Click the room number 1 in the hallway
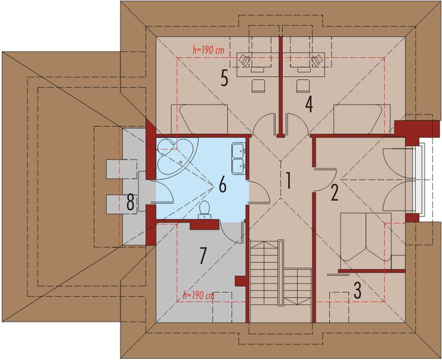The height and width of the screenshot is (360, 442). click(288, 181)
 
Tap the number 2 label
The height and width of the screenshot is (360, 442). click(334, 192)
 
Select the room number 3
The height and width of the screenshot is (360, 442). click(357, 290)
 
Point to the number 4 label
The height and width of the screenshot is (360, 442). click(309, 104)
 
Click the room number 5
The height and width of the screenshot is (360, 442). click(224, 79)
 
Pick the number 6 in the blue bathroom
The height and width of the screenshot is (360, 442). click(222, 185)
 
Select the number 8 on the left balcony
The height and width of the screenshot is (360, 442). click(130, 203)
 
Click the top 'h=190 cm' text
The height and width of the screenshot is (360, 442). click(208, 50)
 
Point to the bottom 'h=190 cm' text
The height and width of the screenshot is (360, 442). click(198, 296)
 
